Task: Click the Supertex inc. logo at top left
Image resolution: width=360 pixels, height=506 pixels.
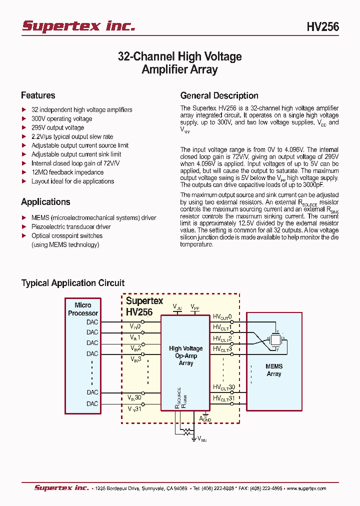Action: click(x=78, y=26)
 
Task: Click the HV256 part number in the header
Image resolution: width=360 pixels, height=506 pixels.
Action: click(x=322, y=27)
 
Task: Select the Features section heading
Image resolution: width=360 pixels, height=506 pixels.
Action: click(x=38, y=95)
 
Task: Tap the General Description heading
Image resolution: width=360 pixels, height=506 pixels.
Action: click(x=219, y=96)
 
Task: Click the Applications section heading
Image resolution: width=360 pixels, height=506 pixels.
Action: click(x=45, y=202)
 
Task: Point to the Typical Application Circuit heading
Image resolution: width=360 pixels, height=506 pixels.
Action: click(x=73, y=283)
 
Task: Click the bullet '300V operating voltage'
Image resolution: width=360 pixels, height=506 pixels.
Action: click(x=61, y=119)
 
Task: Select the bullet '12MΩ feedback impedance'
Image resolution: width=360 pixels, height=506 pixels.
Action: click(x=67, y=172)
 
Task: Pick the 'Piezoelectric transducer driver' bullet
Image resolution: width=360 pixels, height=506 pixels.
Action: click(x=71, y=227)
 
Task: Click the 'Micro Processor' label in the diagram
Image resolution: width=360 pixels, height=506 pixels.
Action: click(x=83, y=309)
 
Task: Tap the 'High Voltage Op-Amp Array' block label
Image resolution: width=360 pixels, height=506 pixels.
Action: click(x=185, y=355)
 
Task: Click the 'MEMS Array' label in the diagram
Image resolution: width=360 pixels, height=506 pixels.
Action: click(x=274, y=370)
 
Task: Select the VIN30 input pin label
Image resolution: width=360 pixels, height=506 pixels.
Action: click(x=134, y=397)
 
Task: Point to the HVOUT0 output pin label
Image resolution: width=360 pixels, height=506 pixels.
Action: click(x=222, y=317)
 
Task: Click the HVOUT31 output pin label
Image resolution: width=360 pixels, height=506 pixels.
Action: click(x=223, y=398)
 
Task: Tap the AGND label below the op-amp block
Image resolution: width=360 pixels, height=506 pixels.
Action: click(x=205, y=418)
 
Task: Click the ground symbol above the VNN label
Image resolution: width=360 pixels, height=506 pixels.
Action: click(x=194, y=438)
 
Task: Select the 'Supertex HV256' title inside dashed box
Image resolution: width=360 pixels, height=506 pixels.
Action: click(x=144, y=306)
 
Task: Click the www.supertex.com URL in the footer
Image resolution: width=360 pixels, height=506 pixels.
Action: click(x=306, y=488)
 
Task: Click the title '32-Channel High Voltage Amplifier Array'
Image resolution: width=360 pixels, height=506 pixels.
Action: click(x=179, y=63)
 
